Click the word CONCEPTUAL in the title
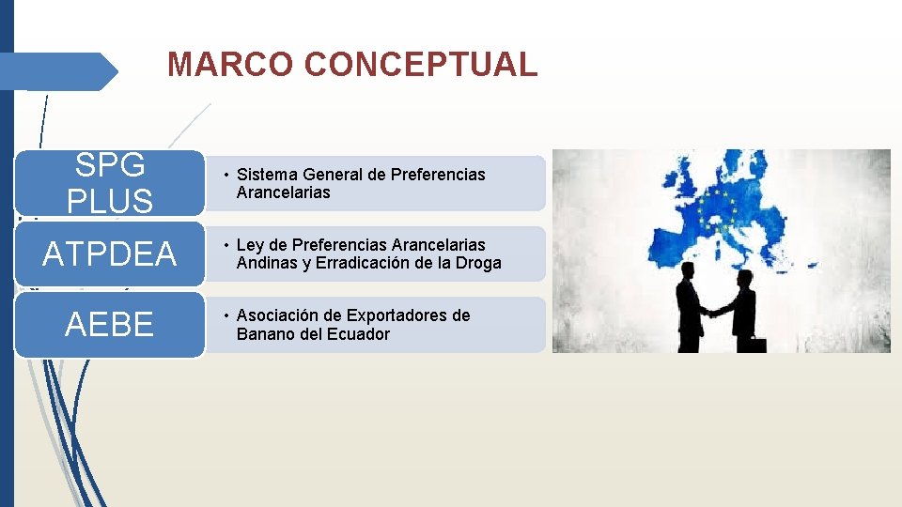point(421,65)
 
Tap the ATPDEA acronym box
point(111,253)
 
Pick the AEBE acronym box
point(111,325)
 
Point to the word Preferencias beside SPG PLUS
point(441,175)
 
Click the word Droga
point(480,264)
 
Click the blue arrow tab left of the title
point(58,71)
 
